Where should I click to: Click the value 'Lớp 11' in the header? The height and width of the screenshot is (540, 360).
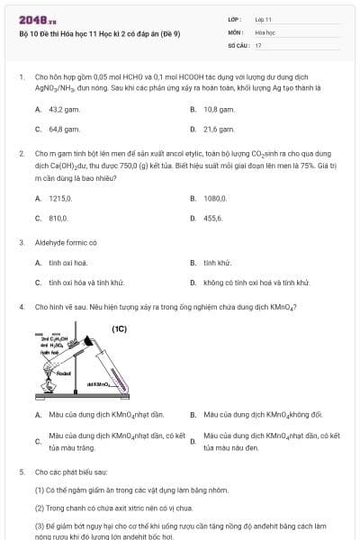pos(264,19)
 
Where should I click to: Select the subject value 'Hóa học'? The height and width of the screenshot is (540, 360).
pos(265,31)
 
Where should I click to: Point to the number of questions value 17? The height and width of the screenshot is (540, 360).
pos(258,44)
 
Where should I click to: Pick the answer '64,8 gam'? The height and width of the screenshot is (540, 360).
pos(63,129)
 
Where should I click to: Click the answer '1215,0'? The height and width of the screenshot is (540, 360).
pos(60,198)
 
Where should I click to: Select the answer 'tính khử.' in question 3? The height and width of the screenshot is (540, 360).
pos(218,263)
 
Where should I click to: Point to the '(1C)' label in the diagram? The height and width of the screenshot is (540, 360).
pos(119,328)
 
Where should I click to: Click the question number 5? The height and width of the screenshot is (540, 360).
pos(22,472)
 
